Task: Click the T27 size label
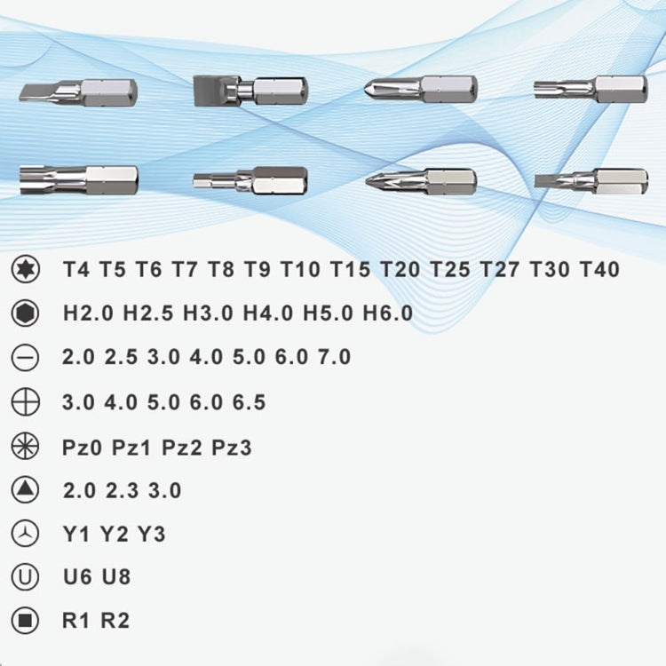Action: [500, 269]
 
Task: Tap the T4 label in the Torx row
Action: [76, 269]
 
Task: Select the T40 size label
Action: [599, 269]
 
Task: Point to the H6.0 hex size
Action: [388, 313]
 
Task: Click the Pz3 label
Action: [232, 447]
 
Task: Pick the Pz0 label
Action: [83, 447]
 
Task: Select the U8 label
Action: [116, 577]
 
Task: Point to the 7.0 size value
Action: [334, 358]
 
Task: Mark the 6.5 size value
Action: [249, 402]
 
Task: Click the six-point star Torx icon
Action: [26, 269]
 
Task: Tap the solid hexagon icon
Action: [26, 313]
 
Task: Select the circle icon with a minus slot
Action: [26, 358]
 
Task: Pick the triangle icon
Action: [26, 489]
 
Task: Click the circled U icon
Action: [26, 577]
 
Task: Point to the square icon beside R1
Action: [26, 621]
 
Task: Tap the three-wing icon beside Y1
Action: [26, 535]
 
